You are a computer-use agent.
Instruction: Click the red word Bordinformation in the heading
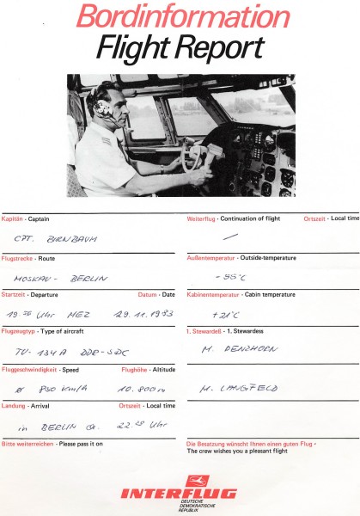click(x=181, y=16)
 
